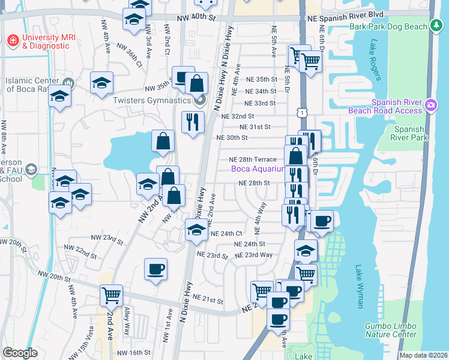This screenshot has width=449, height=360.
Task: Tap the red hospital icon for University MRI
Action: (11, 41)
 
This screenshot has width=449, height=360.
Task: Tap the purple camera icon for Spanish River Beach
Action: (430, 106)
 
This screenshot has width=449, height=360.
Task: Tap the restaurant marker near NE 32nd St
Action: (193, 122)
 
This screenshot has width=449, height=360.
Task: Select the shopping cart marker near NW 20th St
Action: (111, 295)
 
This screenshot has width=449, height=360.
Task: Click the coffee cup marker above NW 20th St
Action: (156, 269)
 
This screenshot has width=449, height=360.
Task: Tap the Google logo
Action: (20, 353)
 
